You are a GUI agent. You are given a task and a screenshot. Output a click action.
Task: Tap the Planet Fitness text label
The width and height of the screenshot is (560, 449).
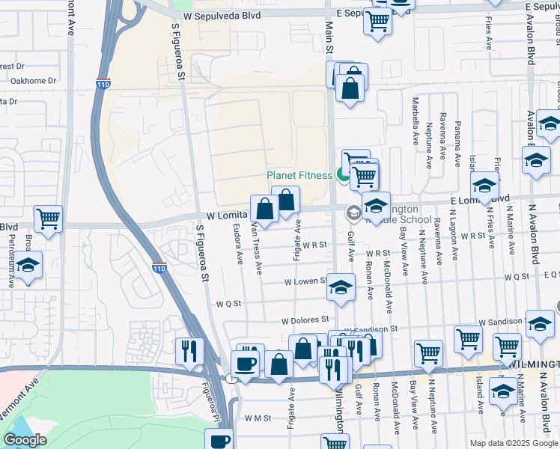pos(299,176)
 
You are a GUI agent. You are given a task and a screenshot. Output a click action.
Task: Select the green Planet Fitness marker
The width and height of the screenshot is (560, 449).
pos(342,176)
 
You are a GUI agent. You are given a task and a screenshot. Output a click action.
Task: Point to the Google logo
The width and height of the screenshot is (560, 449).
pos(25,440)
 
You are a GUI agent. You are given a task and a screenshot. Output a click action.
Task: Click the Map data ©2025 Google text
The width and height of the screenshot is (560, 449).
pos(513,443)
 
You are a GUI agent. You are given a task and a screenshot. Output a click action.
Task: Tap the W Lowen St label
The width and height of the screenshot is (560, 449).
pos(304,282)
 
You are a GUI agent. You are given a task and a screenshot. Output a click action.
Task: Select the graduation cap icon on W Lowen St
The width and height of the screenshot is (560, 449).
pos(341,287)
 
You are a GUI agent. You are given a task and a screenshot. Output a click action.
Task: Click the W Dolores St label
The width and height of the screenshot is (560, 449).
pos(305,320)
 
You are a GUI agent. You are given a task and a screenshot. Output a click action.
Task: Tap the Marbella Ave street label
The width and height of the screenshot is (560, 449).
pos(415,120)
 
